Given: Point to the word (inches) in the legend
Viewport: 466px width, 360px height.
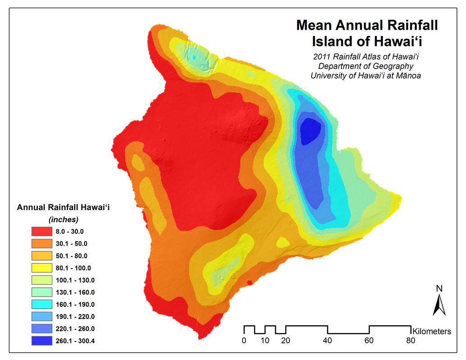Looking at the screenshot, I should click(63, 220).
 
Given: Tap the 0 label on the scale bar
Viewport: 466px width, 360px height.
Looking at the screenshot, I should click(244, 340).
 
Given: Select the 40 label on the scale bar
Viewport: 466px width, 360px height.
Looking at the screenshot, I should click(327, 340).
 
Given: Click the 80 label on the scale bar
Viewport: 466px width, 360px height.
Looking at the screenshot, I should click(410, 340).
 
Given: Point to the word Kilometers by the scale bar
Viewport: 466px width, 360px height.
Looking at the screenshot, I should click(432, 332).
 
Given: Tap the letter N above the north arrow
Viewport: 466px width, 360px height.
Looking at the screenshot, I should click(439, 288).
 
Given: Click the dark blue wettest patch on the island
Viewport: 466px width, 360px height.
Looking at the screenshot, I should click(310, 130).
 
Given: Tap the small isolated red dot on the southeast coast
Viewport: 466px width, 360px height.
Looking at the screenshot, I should click(249, 282).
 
